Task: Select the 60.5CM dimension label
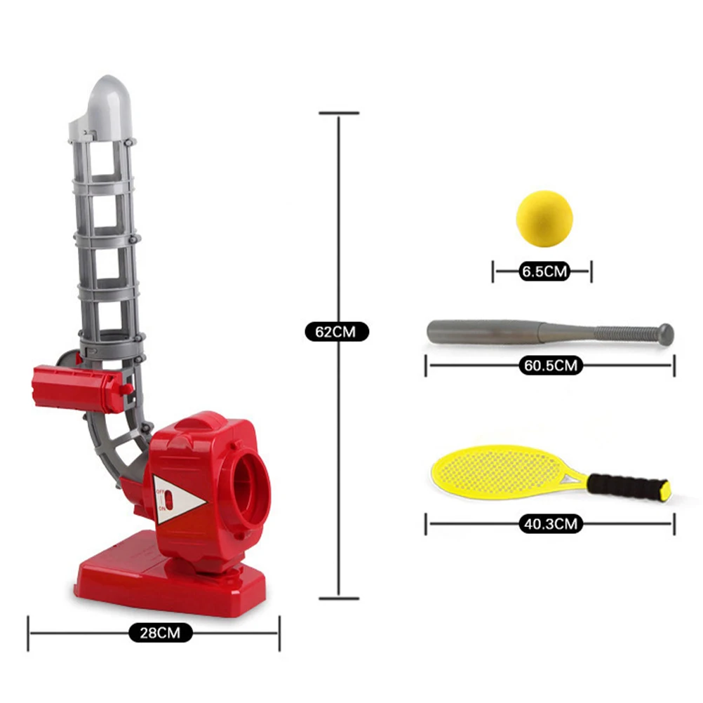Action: (549, 365)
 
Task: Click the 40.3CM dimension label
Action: (549, 523)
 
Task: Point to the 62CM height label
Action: (337, 330)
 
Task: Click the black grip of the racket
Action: (624, 484)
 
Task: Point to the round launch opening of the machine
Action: (250, 484)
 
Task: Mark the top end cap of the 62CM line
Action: (340, 113)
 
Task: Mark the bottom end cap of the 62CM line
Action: (340, 598)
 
